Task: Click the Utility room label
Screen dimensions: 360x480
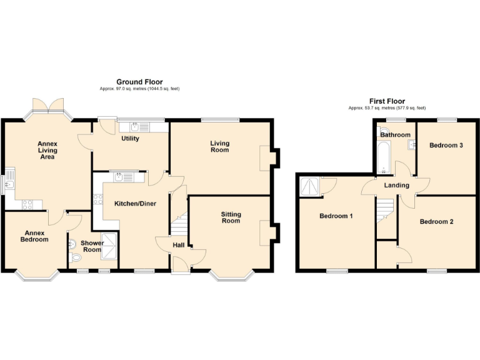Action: (x=130, y=139)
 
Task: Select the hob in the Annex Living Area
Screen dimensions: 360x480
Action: (x=27, y=203)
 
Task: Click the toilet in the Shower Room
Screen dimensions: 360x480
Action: (x=76, y=256)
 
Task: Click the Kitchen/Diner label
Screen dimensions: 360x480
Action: (x=135, y=204)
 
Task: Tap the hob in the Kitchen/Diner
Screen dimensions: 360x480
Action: (x=98, y=200)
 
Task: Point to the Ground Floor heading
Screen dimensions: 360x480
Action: (x=139, y=82)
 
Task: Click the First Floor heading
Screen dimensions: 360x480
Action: (x=387, y=101)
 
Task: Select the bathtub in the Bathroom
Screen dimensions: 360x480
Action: (x=382, y=156)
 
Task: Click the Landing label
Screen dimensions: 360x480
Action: (x=396, y=186)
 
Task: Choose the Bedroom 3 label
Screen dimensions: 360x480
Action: (x=446, y=146)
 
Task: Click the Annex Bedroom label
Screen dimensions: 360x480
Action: (x=34, y=236)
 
